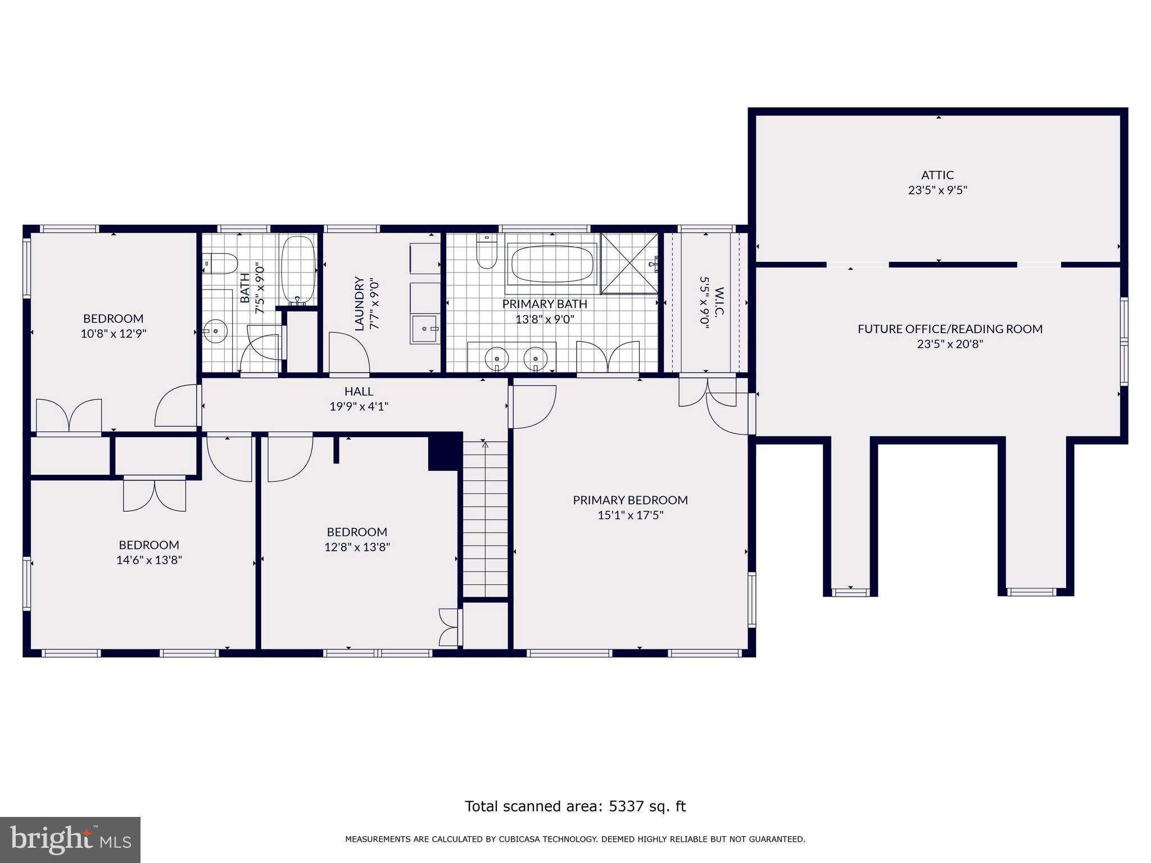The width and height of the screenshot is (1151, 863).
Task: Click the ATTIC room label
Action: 937,175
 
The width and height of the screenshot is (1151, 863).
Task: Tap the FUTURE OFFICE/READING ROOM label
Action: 950,329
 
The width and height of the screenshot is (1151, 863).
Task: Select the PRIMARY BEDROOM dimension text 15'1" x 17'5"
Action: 630,515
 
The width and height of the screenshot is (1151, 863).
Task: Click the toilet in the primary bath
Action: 486,253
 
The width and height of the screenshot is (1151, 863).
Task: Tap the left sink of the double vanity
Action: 497,358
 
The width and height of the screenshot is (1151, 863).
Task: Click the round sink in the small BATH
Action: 215,331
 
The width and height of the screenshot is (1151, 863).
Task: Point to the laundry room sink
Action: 425,329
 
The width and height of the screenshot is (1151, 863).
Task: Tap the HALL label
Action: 359,392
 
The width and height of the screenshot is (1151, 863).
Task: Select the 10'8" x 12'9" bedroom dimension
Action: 114,334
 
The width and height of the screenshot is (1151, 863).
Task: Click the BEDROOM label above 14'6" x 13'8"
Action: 149,545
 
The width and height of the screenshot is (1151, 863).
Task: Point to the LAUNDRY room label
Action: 360,303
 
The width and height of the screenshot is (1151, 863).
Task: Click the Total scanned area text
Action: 575,806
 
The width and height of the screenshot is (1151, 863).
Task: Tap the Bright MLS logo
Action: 70,839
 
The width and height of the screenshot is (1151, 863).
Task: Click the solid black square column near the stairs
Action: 445,451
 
